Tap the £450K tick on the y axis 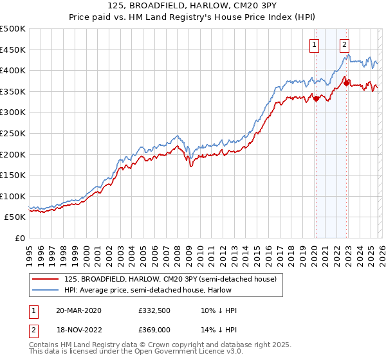(x=13, y=50)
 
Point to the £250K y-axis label (x=13, y=133)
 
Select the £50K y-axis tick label (x=15, y=217)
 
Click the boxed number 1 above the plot (x=315, y=44)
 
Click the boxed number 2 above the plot (x=345, y=44)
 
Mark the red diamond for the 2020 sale (x=316, y=98)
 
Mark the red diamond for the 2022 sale (x=346, y=83)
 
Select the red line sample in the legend (x=46, y=279)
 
